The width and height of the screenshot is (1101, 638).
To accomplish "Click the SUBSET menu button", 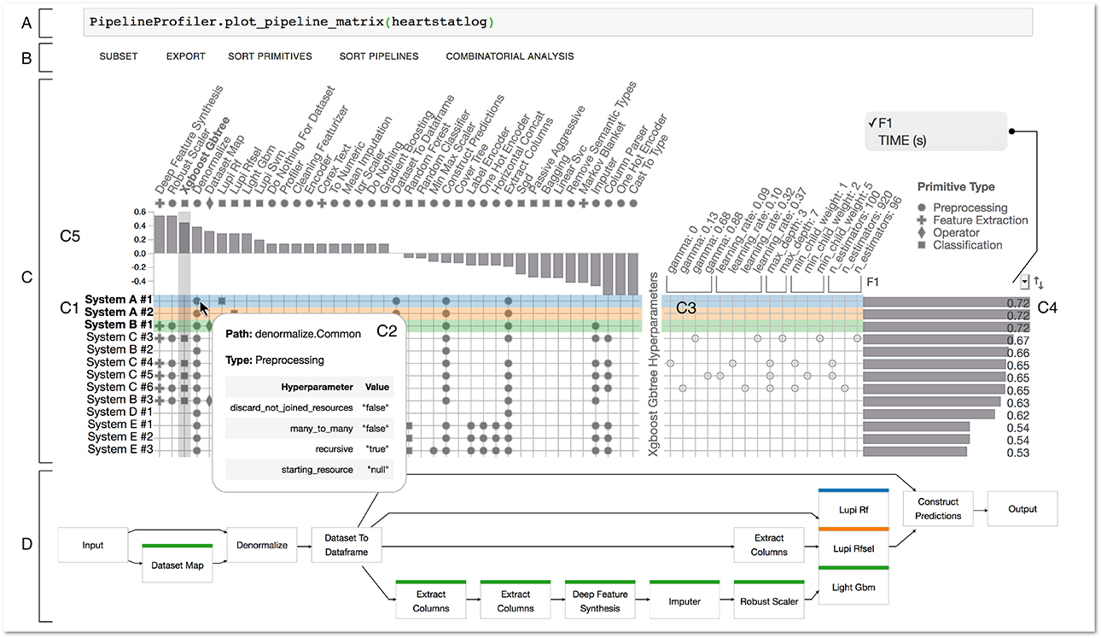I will pyautogui.click(x=118, y=56).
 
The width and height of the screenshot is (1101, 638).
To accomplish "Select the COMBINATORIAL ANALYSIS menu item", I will pyautogui.click(x=510, y=56).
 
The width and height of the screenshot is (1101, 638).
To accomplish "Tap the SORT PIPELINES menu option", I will pyautogui.click(x=379, y=56).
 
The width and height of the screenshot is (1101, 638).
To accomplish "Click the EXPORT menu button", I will pyautogui.click(x=185, y=56).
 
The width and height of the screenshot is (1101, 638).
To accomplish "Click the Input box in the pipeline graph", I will pyautogui.click(x=93, y=544).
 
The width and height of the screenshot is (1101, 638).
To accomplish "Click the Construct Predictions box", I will pyautogui.click(x=938, y=509).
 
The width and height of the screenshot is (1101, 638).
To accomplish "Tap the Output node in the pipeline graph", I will pyautogui.click(x=1022, y=509).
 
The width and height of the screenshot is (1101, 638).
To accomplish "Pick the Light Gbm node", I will pyautogui.click(x=853, y=588).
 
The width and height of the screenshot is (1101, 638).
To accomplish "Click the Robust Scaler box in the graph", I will pyautogui.click(x=768, y=600).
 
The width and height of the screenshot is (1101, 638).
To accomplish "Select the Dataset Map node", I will pyautogui.click(x=178, y=564).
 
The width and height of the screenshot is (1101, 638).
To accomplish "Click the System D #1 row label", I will pyautogui.click(x=119, y=412).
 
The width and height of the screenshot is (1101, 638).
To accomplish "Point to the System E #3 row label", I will pyautogui.click(x=119, y=449).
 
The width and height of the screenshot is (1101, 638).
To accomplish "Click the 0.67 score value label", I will pyautogui.click(x=1017, y=341).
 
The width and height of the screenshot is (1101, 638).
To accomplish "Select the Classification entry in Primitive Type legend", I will pyautogui.click(x=967, y=245).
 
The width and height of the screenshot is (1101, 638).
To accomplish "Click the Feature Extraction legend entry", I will pyautogui.click(x=980, y=220).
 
